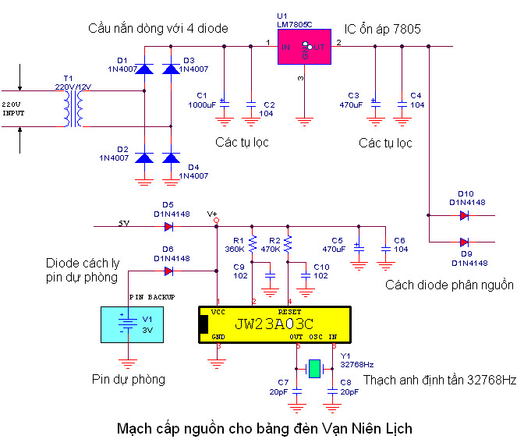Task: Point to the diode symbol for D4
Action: click(169, 158)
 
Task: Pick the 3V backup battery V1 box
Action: click(124, 324)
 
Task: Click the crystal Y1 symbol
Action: click(313, 367)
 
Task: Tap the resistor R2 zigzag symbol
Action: click(288, 245)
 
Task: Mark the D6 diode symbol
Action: click(168, 271)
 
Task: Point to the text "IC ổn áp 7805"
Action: click(383, 30)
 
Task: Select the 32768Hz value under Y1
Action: click(357, 363)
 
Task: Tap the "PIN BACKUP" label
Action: click(151, 297)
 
